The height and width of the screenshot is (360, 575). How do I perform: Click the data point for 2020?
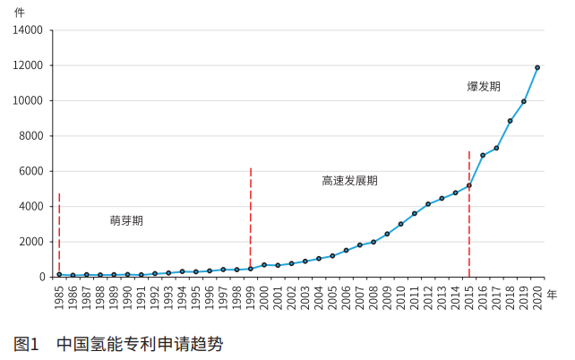coord(537,67)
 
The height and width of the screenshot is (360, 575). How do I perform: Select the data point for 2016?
coord(483,155)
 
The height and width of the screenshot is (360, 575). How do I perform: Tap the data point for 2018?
coord(510,121)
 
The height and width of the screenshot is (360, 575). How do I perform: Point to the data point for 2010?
coord(400,224)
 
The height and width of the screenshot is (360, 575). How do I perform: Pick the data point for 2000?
coord(264,265)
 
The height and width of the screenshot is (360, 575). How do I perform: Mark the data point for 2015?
coord(468,185)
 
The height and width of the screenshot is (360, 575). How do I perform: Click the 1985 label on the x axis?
coord(59,296)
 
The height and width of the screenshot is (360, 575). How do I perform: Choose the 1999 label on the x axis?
coord(251,296)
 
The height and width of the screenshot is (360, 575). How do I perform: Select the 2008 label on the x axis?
coord(373,296)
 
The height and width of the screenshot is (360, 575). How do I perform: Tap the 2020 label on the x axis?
coord(537,296)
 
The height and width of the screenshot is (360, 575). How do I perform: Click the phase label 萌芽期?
coord(126,219)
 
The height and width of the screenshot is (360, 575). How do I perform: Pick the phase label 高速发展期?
coord(349,180)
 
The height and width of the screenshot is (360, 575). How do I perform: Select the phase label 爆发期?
coord(484,87)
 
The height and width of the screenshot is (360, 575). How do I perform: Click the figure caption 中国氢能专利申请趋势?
coord(140,343)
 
